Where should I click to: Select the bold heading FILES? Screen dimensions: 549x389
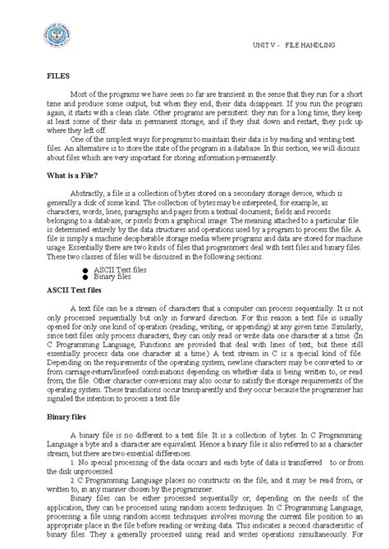[x=59, y=74]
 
